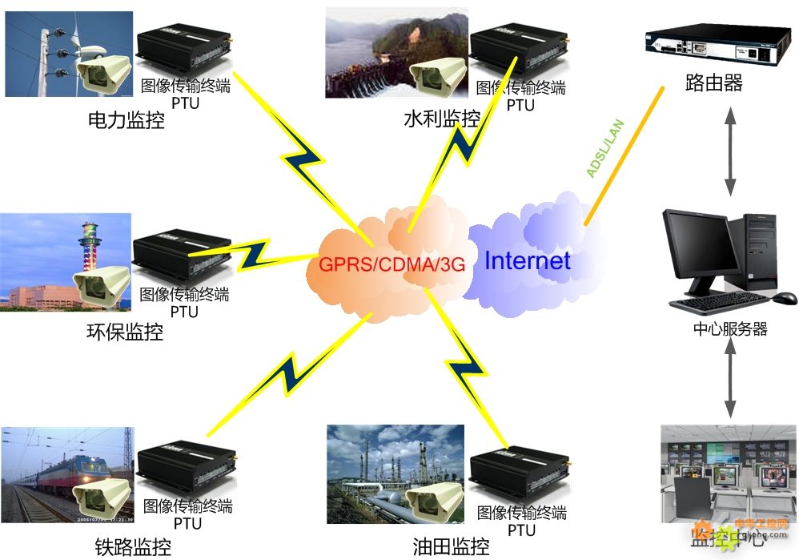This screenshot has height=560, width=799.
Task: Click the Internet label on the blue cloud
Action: point(527,260)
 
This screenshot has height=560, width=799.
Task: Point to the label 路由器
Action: point(714,83)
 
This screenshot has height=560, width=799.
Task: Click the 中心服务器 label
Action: point(729,329)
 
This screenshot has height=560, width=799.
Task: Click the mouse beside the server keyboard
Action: point(785,298)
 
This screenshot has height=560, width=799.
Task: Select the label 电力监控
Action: point(126,121)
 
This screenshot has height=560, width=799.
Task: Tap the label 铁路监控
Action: point(133,548)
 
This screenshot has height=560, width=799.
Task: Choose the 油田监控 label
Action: point(451,547)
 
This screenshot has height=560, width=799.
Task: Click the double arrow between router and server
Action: point(730,150)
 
